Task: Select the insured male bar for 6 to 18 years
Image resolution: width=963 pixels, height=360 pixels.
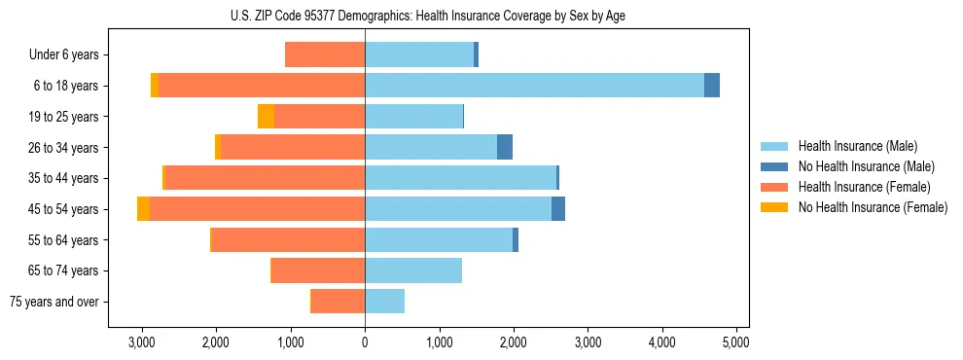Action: point(534,86)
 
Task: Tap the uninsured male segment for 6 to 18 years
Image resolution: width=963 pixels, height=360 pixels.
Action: point(712,86)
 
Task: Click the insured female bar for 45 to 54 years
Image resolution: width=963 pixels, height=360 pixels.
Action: point(257,209)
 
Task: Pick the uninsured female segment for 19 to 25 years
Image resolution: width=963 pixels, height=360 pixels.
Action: point(266,117)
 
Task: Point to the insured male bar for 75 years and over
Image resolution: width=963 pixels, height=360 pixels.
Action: point(384,302)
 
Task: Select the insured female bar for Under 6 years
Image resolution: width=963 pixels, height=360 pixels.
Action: point(325,54)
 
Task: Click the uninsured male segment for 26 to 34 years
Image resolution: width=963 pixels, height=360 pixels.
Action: point(505,148)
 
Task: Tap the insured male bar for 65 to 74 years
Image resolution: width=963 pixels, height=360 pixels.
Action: point(413,270)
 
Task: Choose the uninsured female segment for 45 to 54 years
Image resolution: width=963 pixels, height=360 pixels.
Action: point(144,209)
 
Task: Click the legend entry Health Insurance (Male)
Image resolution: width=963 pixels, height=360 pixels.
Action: point(857,146)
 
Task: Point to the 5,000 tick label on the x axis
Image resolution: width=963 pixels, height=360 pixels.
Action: point(736,342)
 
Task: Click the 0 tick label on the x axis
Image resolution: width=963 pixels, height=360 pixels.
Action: point(365,342)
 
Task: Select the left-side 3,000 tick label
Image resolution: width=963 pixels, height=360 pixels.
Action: point(142,342)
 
